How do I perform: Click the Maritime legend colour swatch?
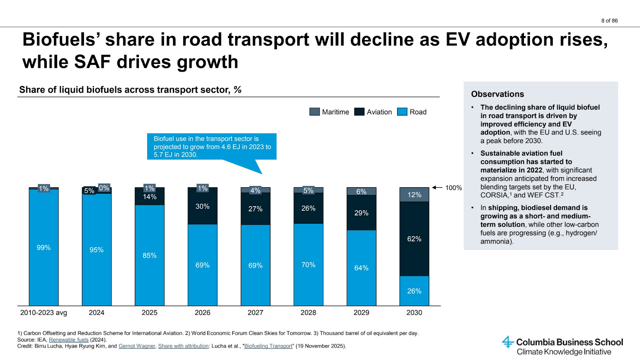pos(314,112)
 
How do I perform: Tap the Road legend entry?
pos(412,112)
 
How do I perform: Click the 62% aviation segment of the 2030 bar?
pos(414,239)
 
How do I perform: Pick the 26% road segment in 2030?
pos(414,291)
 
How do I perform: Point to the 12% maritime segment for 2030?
pos(414,195)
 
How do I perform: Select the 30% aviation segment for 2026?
pos(202,206)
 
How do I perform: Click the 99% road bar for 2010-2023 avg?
pos(44,248)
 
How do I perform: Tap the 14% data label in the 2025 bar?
pos(150,197)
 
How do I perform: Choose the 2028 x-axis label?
pos(308,312)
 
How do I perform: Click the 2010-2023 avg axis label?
pos(44,312)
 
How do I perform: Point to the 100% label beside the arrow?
pos(454,188)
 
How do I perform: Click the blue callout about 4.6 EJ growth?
pos(212,146)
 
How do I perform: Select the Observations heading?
pos(497,94)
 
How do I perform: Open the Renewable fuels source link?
pos(68,340)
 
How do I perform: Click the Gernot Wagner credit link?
pos(137,346)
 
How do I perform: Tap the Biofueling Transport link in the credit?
pos(268,346)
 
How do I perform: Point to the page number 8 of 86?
pos(609,20)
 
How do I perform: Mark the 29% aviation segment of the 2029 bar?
pos(361,213)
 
